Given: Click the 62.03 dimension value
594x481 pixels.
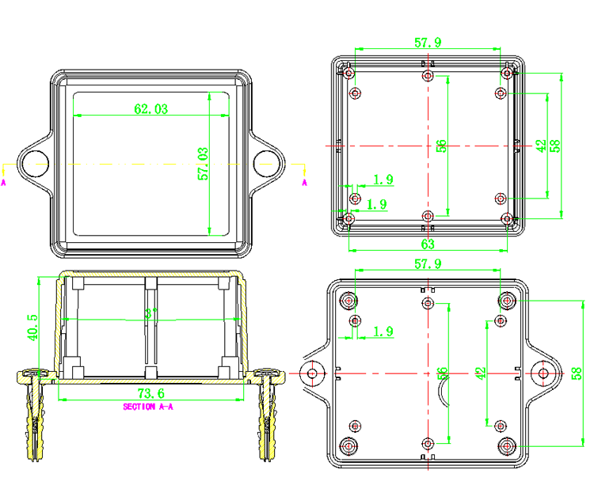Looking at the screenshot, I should [x=150, y=109].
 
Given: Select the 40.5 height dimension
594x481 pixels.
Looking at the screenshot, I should [x=32, y=326].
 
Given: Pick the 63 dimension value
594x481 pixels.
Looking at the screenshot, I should [x=428, y=244].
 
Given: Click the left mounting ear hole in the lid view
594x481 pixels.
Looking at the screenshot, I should [x=34, y=164].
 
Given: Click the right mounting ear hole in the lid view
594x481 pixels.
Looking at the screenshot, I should [x=267, y=164].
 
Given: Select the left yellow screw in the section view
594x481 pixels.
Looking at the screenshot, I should [x=34, y=415].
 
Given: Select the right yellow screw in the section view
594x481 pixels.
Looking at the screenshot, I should [x=267, y=415].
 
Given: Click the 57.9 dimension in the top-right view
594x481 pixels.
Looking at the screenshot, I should [x=428, y=43].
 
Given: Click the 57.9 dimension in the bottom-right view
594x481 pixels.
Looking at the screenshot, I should [x=428, y=264].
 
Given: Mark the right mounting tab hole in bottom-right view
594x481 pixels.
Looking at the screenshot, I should [x=543, y=373].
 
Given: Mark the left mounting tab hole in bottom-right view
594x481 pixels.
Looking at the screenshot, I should [x=313, y=373].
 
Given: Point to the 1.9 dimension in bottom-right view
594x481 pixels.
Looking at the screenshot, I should [x=383, y=331].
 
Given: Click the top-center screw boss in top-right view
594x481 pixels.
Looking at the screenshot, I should [x=428, y=76].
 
